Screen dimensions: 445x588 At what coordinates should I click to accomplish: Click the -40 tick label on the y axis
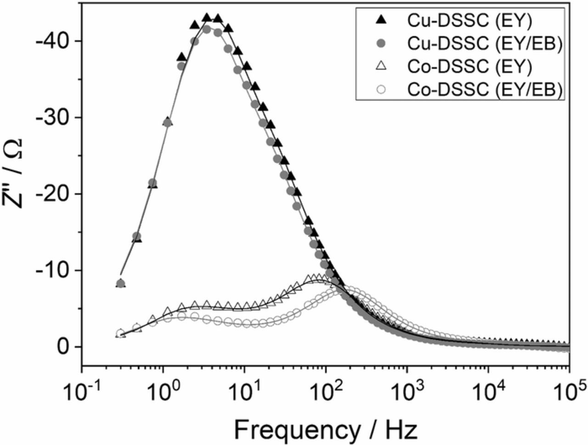pyautogui.click(x=52, y=41)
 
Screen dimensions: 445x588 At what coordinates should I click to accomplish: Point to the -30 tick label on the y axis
pyautogui.click(x=52, y=118)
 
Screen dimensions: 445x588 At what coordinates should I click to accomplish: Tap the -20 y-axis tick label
pyautogui.click(x=52, y=194)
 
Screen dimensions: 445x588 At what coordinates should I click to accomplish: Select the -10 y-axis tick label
pyautogui.click(x=52, y=270)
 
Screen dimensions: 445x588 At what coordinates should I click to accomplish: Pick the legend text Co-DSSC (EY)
pyautogui.click(x=469, y=67)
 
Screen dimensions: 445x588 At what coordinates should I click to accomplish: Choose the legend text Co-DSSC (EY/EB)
pyautogui.click(x=485, y=90)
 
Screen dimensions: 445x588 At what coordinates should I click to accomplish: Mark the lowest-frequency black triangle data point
pyautogui.click(x=121, y=283)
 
